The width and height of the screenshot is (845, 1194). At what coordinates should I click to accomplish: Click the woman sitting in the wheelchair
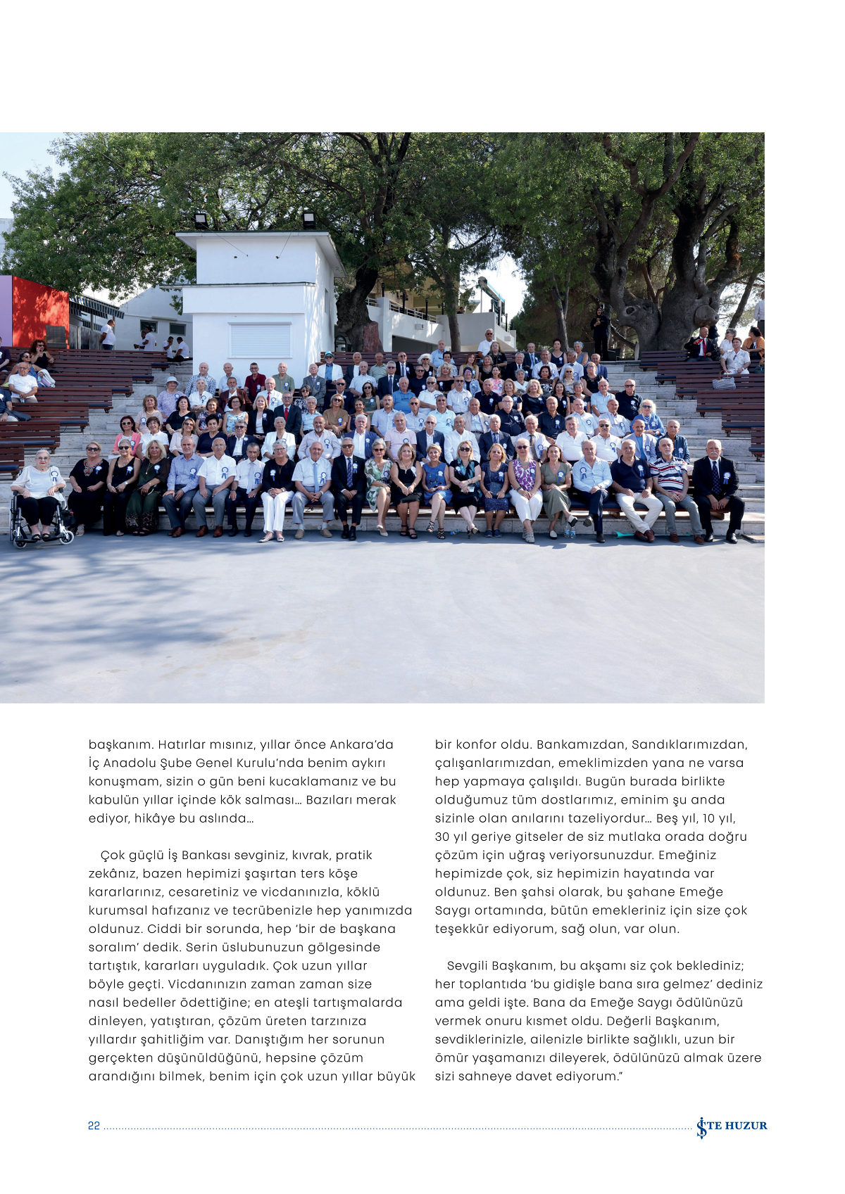coord(39,493)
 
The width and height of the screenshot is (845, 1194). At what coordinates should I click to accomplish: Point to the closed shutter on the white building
coord(261,340)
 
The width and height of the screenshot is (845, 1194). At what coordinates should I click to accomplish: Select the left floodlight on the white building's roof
coord(201,220)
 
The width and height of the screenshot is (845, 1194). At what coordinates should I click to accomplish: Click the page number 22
coord(94,1126)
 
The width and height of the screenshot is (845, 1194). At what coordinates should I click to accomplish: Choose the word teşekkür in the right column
coord(461,929)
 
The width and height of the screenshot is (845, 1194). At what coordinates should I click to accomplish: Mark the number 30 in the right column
coord(442,837)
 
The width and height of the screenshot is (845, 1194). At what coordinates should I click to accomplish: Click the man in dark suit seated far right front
coord(717,493)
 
